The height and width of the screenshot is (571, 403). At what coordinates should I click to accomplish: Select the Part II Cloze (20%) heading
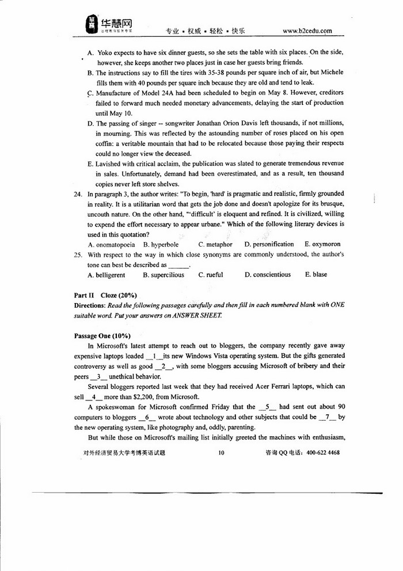101,295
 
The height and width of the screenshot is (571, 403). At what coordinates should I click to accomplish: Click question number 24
78,194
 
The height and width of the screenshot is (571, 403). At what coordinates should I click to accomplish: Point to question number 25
78,254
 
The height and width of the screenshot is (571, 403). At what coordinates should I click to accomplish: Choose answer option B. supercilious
164,275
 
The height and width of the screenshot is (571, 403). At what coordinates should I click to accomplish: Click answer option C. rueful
211,275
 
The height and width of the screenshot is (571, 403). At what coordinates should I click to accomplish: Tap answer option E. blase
316,275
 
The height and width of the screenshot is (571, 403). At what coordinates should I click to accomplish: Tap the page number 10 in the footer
221,453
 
